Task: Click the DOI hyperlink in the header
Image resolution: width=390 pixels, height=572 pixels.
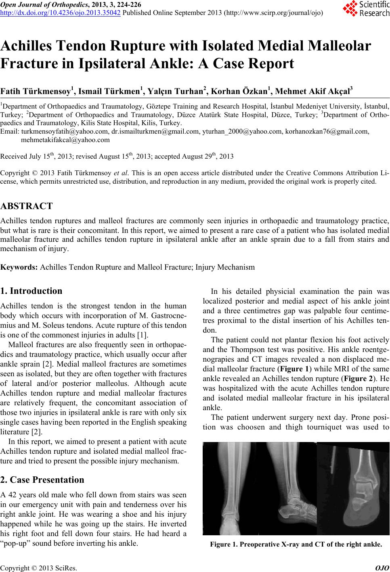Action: point(61,13)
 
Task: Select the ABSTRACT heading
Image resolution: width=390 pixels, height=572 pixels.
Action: point(27,206)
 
